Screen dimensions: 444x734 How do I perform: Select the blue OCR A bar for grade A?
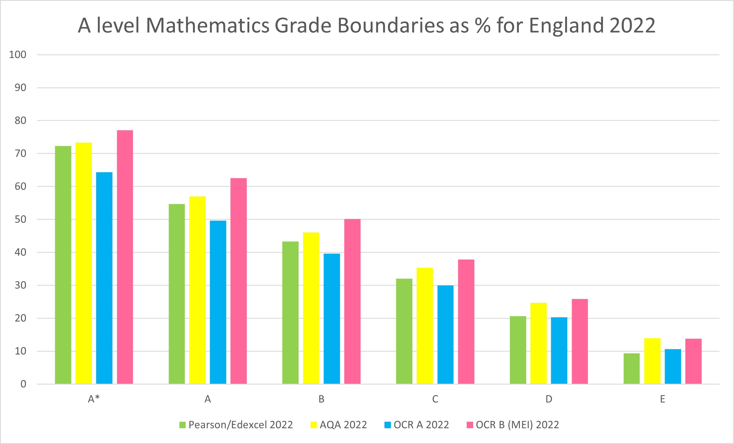pyautogui.click(x=218, y=302)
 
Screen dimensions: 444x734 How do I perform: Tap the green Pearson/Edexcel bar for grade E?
pyautogui.click(x=631, y=368)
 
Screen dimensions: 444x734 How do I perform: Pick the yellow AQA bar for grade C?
pyautogui.click(x=424, y=325)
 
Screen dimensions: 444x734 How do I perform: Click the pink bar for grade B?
pyautogui.click(x=352, y=301)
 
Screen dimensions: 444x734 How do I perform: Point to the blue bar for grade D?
pyautogui.click(x=559, y=350)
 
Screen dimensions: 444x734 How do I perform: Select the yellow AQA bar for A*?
pyautogui.click(x=84, y=263)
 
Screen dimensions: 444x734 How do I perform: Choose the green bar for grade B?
pyautogui.click(x=290, y=312)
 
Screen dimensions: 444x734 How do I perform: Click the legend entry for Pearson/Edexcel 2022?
pyautogui.click(x=236, y=425)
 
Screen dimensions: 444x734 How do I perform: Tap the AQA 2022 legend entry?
pyautogui.click(x=339, y=425)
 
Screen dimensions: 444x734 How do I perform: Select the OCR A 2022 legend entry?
pyautogui.click(x=417, y=425)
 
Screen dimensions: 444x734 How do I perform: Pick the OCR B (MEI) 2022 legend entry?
pyautogui.click(x=513, y=425)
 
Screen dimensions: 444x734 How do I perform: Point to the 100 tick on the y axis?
pyautogui.click(x=18, y=55)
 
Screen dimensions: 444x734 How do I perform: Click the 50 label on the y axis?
pyautogui.click(x=21, y=219)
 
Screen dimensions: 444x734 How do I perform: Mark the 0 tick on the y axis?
pyautogui.click(x=23, y=384)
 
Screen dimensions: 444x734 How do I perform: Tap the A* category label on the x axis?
pyautogui.click(x=94, y=399)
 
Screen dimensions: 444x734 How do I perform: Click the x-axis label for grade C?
pyautogui.click(x=435, y=399)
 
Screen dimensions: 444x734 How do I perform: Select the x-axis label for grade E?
pyautogui.click(x=662, y=399)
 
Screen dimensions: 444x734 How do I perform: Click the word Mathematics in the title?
pyautogui.click(x=208, y=25)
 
